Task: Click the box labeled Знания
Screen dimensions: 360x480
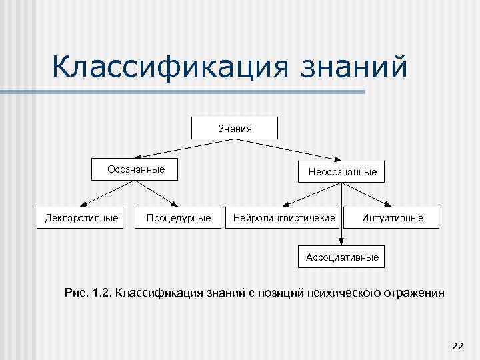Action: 235,127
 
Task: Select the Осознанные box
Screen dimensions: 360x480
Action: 136,170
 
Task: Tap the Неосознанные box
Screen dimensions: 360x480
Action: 342,172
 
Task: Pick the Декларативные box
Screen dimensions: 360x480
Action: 81,217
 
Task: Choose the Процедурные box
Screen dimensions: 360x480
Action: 177,217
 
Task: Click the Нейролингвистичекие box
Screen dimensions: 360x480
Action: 285,217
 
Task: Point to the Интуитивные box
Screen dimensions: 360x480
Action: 392,217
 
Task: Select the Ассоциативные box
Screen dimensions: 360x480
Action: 341,256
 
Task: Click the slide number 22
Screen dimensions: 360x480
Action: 457,345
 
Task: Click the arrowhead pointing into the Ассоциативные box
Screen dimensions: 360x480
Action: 341,242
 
